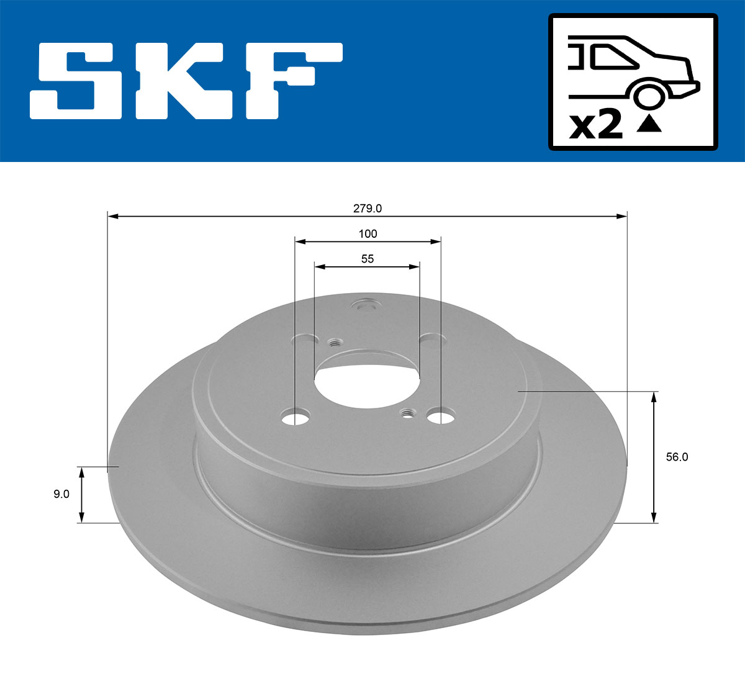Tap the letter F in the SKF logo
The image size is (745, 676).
(x=294, y=81)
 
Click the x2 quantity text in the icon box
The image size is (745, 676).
(x=596, y=126)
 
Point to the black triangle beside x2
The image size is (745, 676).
(x=649, y=125)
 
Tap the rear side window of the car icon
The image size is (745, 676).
(x=612, y=58)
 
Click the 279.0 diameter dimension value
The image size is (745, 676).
(x=368, y=209)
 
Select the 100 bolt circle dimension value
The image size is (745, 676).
(x=368, y=234)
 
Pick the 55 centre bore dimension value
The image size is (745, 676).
(x=368, y=259)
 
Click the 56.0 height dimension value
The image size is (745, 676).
(x=677, y=457)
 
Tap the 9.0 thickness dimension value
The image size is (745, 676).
(x=61, y=494)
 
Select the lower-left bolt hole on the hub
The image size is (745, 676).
(x=295, y=417)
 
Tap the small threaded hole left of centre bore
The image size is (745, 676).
(x=335, y=342)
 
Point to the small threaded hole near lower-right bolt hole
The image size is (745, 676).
(x=408, y=413)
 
